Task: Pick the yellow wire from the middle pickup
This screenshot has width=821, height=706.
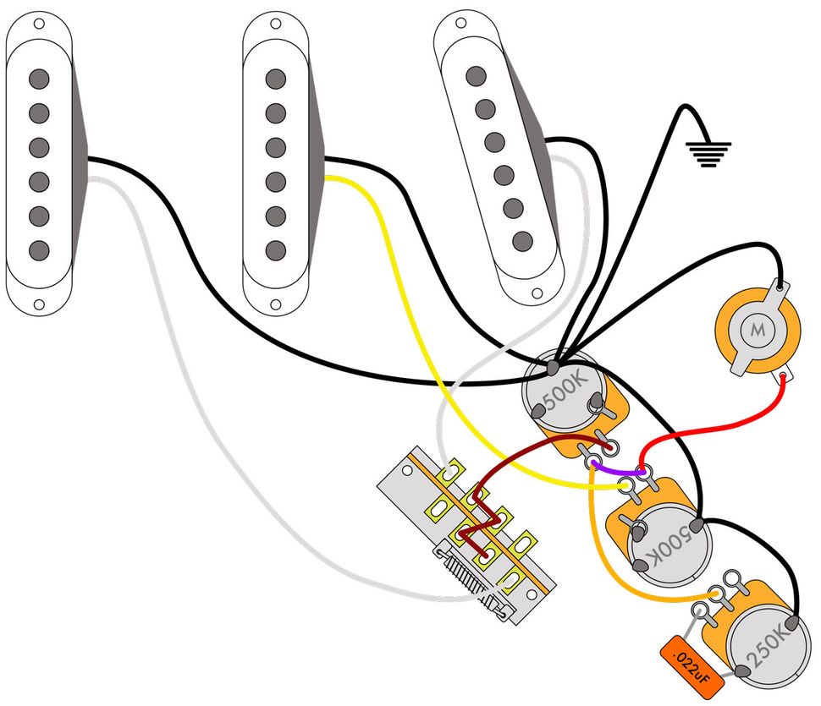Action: point(398,254)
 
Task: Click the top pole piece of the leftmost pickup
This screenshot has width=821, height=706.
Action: point(38,79)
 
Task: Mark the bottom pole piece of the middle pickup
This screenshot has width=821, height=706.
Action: point(274,250)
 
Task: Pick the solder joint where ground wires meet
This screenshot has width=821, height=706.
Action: point(553,368)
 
